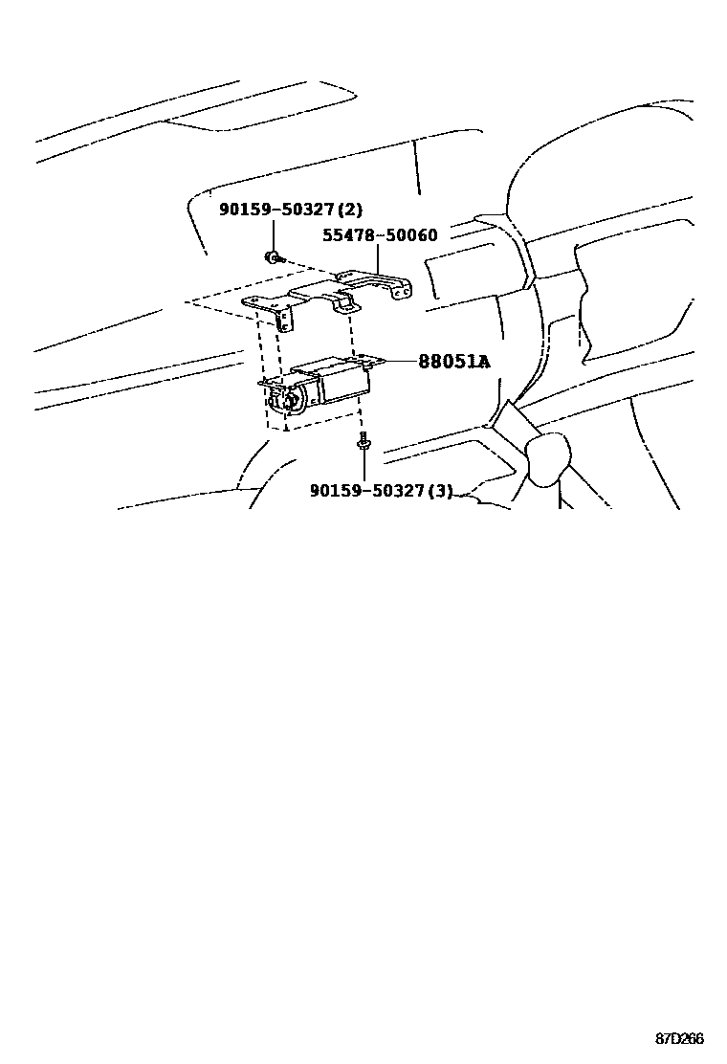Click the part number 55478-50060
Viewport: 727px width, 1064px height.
point(379,235)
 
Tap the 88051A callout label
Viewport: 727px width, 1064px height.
point(452,362)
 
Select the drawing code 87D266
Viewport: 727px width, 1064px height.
point(679,1038)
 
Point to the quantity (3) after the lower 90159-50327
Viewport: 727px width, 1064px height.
point(440,491)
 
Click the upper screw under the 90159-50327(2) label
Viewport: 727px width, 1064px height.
point(273,256)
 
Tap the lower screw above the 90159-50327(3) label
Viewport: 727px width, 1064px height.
point(363,442)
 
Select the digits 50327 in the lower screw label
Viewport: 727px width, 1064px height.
point(396,491)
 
